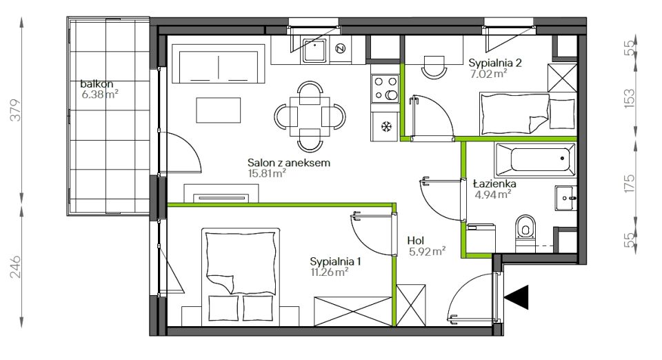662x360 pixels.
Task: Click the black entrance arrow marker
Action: point(519,297)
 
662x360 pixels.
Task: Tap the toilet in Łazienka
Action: point(525,233)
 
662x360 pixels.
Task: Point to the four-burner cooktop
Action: point(385,89)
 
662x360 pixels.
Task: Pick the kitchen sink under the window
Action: point(314,50)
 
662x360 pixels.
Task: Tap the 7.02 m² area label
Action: point(488,74)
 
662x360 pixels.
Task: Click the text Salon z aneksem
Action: point(289,163)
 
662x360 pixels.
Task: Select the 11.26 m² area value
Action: point(330,272)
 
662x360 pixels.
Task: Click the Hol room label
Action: point(415,241)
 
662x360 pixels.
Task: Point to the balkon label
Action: point(97,84)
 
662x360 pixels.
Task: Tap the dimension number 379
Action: point(16,110)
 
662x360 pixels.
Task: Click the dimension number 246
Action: point(16,266)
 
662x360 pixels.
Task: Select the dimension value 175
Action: point(629,183)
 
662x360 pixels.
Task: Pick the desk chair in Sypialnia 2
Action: point(434,67)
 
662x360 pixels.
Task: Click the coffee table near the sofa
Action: point(219,110)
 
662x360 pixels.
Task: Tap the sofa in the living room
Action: point(219,67)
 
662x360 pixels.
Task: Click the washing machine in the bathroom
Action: point(481,239)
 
